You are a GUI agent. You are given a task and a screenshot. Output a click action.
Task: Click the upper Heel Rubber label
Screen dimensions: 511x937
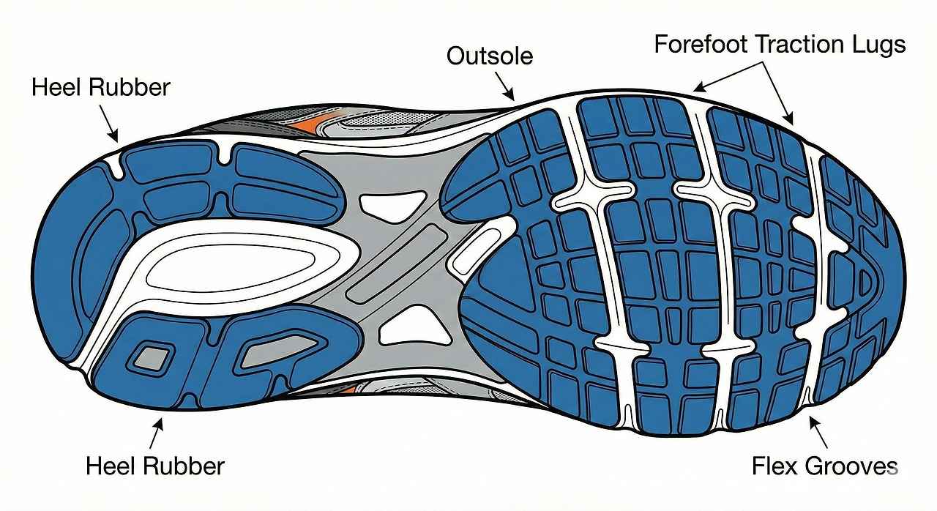[x=101, y=88]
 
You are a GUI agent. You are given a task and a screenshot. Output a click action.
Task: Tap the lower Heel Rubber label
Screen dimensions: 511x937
[x=155, y=466]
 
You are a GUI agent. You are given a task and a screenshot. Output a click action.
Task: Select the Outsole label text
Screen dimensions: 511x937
[x=490, y=56]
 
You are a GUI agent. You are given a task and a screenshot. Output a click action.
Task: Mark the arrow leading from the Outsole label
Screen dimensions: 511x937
[x=505, y=83]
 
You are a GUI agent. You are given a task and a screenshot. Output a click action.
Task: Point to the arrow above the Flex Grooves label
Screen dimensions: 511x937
[x=818, y=430]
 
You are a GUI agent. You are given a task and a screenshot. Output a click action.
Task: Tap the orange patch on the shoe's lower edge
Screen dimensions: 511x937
[x=348, y=388]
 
